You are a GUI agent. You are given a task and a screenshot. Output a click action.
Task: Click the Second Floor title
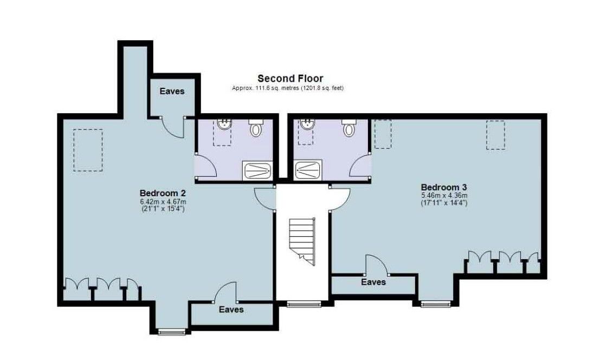click(x=290, y=79)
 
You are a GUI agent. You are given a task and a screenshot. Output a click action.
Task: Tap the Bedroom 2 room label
click(x=163, y=193)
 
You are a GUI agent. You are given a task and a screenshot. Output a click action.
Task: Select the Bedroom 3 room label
click(x=444, y=187)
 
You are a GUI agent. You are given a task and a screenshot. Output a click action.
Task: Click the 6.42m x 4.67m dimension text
click(x=163, y=202)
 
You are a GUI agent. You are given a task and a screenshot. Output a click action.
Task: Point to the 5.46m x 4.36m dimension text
click(x=444, y=196)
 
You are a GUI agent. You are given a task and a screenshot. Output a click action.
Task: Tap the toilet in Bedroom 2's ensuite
click(x=256, y=128)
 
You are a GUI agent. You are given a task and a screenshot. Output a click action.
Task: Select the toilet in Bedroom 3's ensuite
click(x=349, y=128)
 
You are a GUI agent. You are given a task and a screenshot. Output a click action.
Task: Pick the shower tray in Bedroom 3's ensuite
click(x=308, y=170)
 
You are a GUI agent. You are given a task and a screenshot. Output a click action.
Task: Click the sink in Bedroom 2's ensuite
click(x=224, y=124)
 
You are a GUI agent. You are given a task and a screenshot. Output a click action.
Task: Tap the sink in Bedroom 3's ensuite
click(x=306, y=124)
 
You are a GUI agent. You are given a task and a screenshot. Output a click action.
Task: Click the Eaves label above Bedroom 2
click(x=172, y=91)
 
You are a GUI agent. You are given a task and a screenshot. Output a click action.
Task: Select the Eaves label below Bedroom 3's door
click(x=373, y=282)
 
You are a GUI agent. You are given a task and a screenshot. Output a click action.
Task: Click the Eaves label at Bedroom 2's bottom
click(x=231, y=310)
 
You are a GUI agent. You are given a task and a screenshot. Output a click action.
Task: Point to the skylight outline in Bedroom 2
click(x=88, y=150)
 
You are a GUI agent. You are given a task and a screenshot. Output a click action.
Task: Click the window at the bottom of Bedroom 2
click(x=172, y=332)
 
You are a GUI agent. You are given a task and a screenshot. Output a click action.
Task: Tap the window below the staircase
click(x=304, y=304)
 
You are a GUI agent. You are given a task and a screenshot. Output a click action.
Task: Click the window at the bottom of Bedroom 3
click(x=436, y=304)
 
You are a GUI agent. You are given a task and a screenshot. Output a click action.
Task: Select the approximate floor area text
click(x=288, y=88)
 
